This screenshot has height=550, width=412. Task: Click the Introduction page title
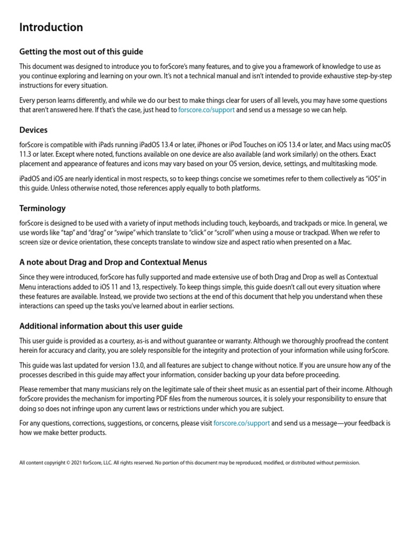click(x=51, y=27)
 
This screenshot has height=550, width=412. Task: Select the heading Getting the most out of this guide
click(x=81, y=52)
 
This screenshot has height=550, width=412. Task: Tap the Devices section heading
click(x=33, y=130)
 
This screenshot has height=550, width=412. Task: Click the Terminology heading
click(x=42, y=208)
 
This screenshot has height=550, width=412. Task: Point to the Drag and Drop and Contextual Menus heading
click(x=113, y=262)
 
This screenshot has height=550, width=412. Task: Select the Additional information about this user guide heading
click(x=101, y=326)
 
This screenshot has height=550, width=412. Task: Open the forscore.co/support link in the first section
click(x=206, y=110)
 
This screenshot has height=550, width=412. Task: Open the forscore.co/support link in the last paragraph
click(x=241, y=423)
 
